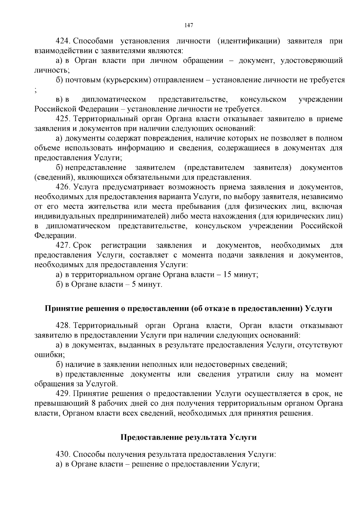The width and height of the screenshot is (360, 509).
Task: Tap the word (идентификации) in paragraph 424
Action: [249, 41]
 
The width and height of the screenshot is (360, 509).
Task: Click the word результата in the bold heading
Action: [204, 438]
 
